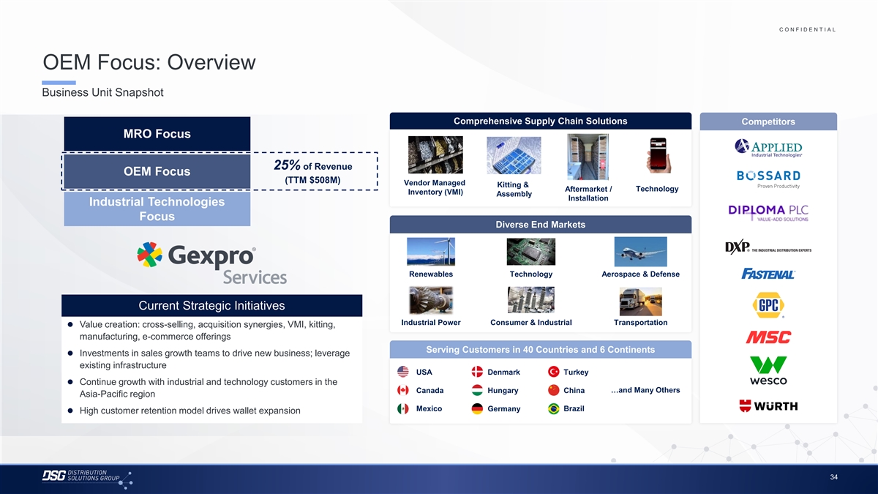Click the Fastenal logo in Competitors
[x=768, y=274]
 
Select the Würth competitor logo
[x=768, y=405]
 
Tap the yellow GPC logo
[x=768, y=305]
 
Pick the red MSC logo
[x=768, y=337]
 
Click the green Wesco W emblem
[x=768, y=364]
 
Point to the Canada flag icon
[x=403, y=390]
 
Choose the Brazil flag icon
[x=553, y=408]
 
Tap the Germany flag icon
[x=477, y=408]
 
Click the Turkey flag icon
[x=553, y=372]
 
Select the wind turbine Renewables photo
[x=431, y=252]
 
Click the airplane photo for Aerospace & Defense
[x=640, y=252]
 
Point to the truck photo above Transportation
[x=640, y=301]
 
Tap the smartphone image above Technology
[x=658, y=156]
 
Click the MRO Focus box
[x=157, y=134]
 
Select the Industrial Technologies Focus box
[x=157, y=209]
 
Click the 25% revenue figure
[x=287, y=165]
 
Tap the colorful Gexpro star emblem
[x=149, y=255]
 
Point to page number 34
[x=833, y=477]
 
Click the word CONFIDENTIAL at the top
[x=808, y=29]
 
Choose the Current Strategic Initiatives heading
[x=211, y=305]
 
